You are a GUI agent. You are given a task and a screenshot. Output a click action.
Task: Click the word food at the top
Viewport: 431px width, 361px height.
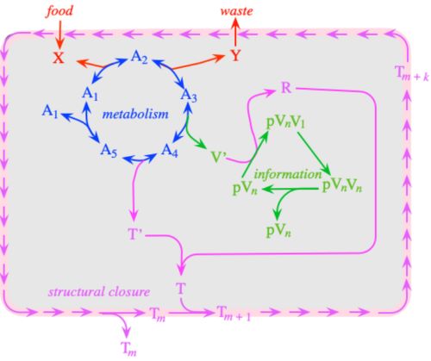coord(60,11)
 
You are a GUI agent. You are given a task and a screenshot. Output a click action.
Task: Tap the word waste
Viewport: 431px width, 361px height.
coord(237,11)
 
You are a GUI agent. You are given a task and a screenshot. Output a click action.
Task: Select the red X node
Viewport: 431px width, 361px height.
coord(59,58)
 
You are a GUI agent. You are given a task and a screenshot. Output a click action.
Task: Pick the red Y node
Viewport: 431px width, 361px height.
coord(235,55)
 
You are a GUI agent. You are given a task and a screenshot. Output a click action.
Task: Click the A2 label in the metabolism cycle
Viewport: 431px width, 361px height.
coord(140,57)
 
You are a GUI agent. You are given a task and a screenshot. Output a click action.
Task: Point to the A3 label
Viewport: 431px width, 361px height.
coord(189,95)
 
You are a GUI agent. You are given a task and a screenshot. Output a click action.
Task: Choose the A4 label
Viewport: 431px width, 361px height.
coord(170,151)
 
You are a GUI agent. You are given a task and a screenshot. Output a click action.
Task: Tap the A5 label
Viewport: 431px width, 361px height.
coord(109,151)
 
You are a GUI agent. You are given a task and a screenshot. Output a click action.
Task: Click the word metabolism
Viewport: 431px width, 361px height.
coord(135,114)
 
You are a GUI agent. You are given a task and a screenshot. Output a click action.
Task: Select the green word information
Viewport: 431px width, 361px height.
coord(288,174)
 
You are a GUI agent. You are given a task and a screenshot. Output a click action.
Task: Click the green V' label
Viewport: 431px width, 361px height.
coord(218,157)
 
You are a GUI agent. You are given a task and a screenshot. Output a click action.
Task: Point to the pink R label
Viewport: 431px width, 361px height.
coord(286,88)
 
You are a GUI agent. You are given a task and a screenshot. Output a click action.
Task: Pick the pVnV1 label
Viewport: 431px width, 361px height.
coord(286,122)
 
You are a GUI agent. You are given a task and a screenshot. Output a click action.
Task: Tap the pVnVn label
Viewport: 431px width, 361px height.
coord(342,186)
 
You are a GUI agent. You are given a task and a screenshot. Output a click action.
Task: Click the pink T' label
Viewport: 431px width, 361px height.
coord(135,234)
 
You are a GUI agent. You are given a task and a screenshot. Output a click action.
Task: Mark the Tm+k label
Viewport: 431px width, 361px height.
coord(412,73)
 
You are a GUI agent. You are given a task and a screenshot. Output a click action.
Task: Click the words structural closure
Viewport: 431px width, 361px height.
coord(99,292)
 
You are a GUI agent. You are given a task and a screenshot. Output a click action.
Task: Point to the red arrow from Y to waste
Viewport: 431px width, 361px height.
coord(235,32)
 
